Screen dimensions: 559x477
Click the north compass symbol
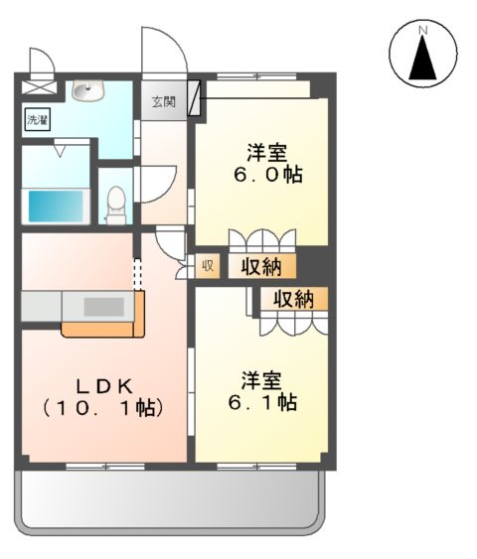pos(422,56)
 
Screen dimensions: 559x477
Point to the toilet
pos(116,201)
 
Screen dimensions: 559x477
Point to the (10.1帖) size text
pos(101,407)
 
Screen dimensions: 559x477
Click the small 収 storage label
pos(208,265)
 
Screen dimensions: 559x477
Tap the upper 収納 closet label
pos(261,266)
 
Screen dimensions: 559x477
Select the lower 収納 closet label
pos(295,298)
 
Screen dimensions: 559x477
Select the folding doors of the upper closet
pos(262,241)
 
